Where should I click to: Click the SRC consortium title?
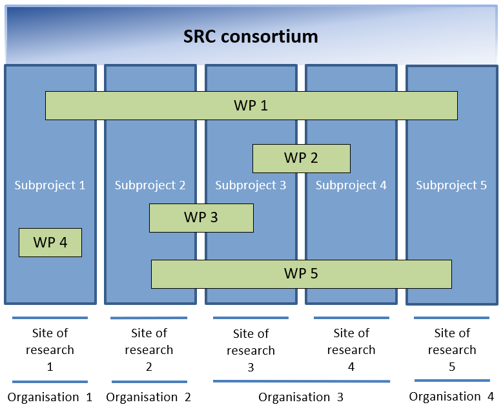[251, 36]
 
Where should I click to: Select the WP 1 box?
[251, 105]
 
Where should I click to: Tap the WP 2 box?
[301, 158]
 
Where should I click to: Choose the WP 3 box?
[201, 218]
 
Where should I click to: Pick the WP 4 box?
[50, 242]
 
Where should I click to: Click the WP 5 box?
[301, 274]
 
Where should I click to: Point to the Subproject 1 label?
[50, 185]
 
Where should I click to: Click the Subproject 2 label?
[150, 185]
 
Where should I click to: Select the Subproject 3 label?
[251, 185]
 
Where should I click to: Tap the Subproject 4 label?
[351, 185]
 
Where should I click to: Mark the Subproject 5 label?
[451, 185]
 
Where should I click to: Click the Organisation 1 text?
[50, 397]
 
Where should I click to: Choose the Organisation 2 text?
[149, 397]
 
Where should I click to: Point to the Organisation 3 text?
[301, 397]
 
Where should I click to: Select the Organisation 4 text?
[451, 397]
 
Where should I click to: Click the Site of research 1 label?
[50, 350]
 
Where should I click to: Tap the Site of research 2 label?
[149, 350]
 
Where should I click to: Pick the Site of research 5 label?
[452, 350]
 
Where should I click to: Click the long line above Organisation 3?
[301, 381]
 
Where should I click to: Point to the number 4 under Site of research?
[351, 366]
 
